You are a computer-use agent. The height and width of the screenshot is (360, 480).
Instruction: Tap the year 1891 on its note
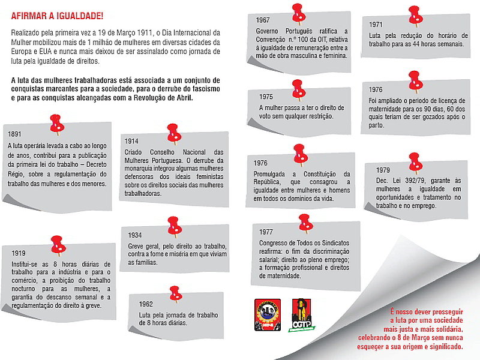click(x=16, y=134)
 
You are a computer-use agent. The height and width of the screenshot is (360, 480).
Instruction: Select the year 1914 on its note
click(x=132, y=141)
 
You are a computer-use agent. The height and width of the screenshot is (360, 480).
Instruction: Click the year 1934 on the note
click(x=136, y=235)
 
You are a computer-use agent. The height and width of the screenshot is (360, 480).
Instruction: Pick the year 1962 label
click(x=146, y=304)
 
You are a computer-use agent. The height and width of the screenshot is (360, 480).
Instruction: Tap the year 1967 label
click(x=263, y=20)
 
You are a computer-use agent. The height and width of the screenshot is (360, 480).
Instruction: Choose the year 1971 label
click(x=376, y=25)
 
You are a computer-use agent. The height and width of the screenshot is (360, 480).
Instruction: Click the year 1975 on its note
click(x=266, y=97)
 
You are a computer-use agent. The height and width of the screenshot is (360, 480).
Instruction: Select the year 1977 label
click(x=266, y=232)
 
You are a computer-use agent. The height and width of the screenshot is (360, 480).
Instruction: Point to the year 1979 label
click(x=383, y=170)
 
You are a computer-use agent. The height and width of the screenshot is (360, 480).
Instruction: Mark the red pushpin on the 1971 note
click(x=413, y=14)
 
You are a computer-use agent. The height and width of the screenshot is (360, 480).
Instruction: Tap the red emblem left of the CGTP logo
click(x=267, y=316)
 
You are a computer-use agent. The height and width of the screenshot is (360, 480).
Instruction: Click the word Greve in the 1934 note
click(x=136, y=246)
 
